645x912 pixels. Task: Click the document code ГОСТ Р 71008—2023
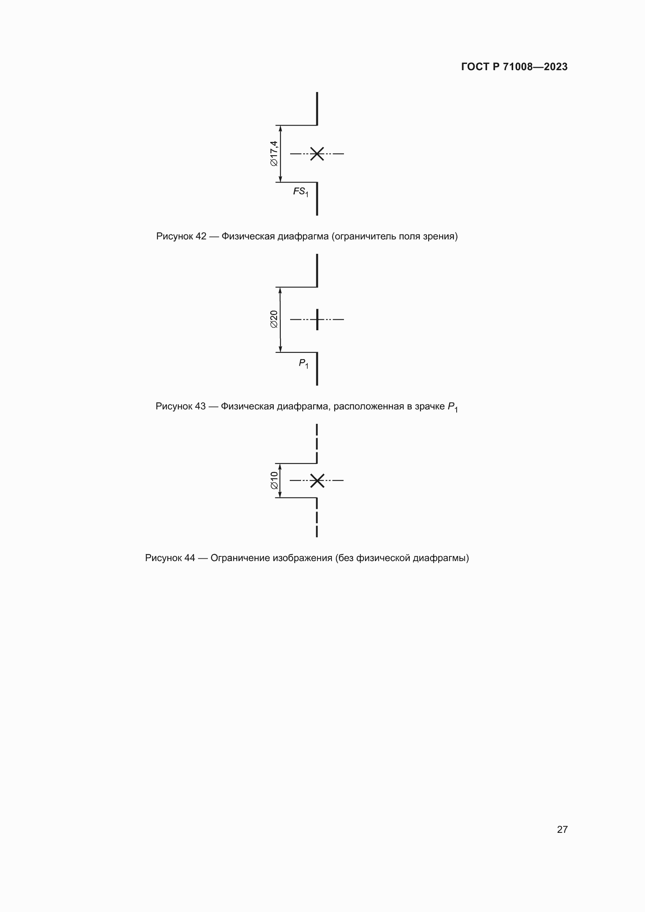pyautogui.click(x=514, y=67)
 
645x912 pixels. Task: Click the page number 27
pyautogui.click(x=562, y=829)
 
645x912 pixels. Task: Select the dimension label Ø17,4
pyautogui.click(x=274, y=153)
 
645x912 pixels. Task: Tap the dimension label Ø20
pyautogui.click(x=274, y=319)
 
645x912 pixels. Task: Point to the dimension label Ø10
pyautogui.click(x=274, y=480)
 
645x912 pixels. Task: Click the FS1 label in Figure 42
pyautogui.click(x=301, y=192)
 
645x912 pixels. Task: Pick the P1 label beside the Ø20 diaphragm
pyautogui.click(x=303, y=363)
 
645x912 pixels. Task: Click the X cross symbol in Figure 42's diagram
pyautogui.click(x=317, y=153)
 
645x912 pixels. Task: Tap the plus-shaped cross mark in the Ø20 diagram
pyautogui.click(x=317, y=319)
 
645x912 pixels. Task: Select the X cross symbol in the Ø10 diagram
pyautogui.click(x=317, y=481)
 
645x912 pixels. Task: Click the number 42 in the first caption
pyautogui.click(x=201, y=236)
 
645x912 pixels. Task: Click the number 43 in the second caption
pyautogui.click(x=200, y=406)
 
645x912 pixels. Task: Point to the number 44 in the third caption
pyautogui.click(x=190, y=558)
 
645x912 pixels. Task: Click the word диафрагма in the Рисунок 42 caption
pyautogui.click(x=303, y=236)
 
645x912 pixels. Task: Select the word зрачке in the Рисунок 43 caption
pyautogui.click(x=430, y=406)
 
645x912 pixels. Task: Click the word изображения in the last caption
pyautogui.click(x=302, y=558)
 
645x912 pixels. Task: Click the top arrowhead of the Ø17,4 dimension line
pyautogui.click(x=280, y=128)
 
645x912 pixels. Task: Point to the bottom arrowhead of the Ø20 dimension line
pyautogui.click(x=280, y=349)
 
